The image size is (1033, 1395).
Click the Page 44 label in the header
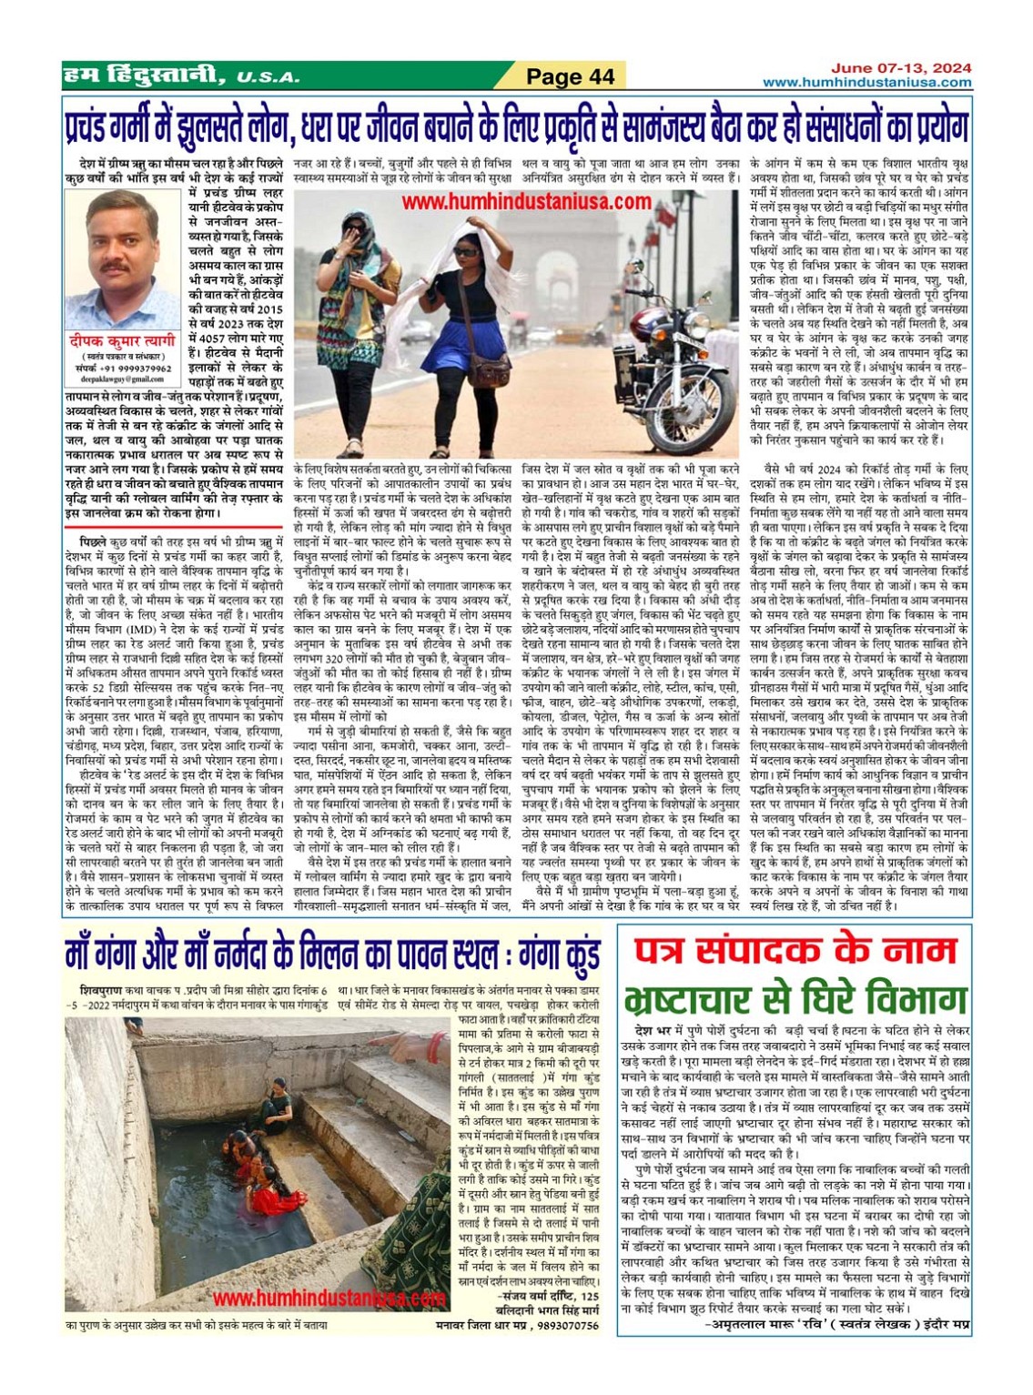click(571, 76)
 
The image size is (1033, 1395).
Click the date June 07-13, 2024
click(901, 68)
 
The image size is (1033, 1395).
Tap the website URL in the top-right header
click(866, 83)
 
